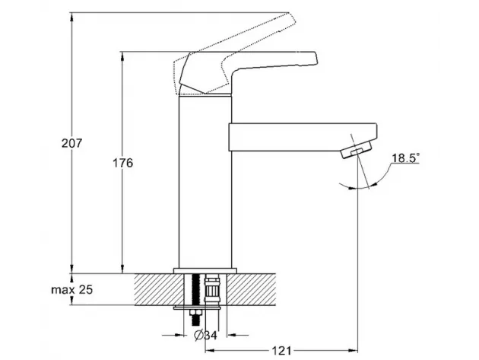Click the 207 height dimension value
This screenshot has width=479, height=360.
click(x=72, y=143)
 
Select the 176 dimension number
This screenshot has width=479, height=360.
click(x=123, y=163)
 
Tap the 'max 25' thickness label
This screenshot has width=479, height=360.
click(x=71, y=289)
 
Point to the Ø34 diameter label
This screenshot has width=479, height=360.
click(x=205, y=335)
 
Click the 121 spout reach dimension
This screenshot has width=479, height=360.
click(x=281, y=351)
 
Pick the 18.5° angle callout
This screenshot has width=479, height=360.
click(x=406, y=158)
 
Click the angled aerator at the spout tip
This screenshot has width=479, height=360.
click(x=356, y=150)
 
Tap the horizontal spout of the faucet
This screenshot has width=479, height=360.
click(x=303, y=137)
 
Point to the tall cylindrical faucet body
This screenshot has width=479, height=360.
click(x=205, y=182)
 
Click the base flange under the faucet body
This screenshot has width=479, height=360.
click(x=205, y=271)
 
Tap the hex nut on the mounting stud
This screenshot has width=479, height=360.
click(x=195, y=313)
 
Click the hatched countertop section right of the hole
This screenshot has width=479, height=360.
click(x=251, y=289)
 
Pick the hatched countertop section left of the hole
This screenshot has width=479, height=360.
click(x=160, y=289)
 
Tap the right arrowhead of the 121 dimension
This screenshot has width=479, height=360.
click(x=354, y=351)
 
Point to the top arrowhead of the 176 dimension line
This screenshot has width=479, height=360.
click(x=123, y=56)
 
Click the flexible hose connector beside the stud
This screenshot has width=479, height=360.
click(x=212, y=289)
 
